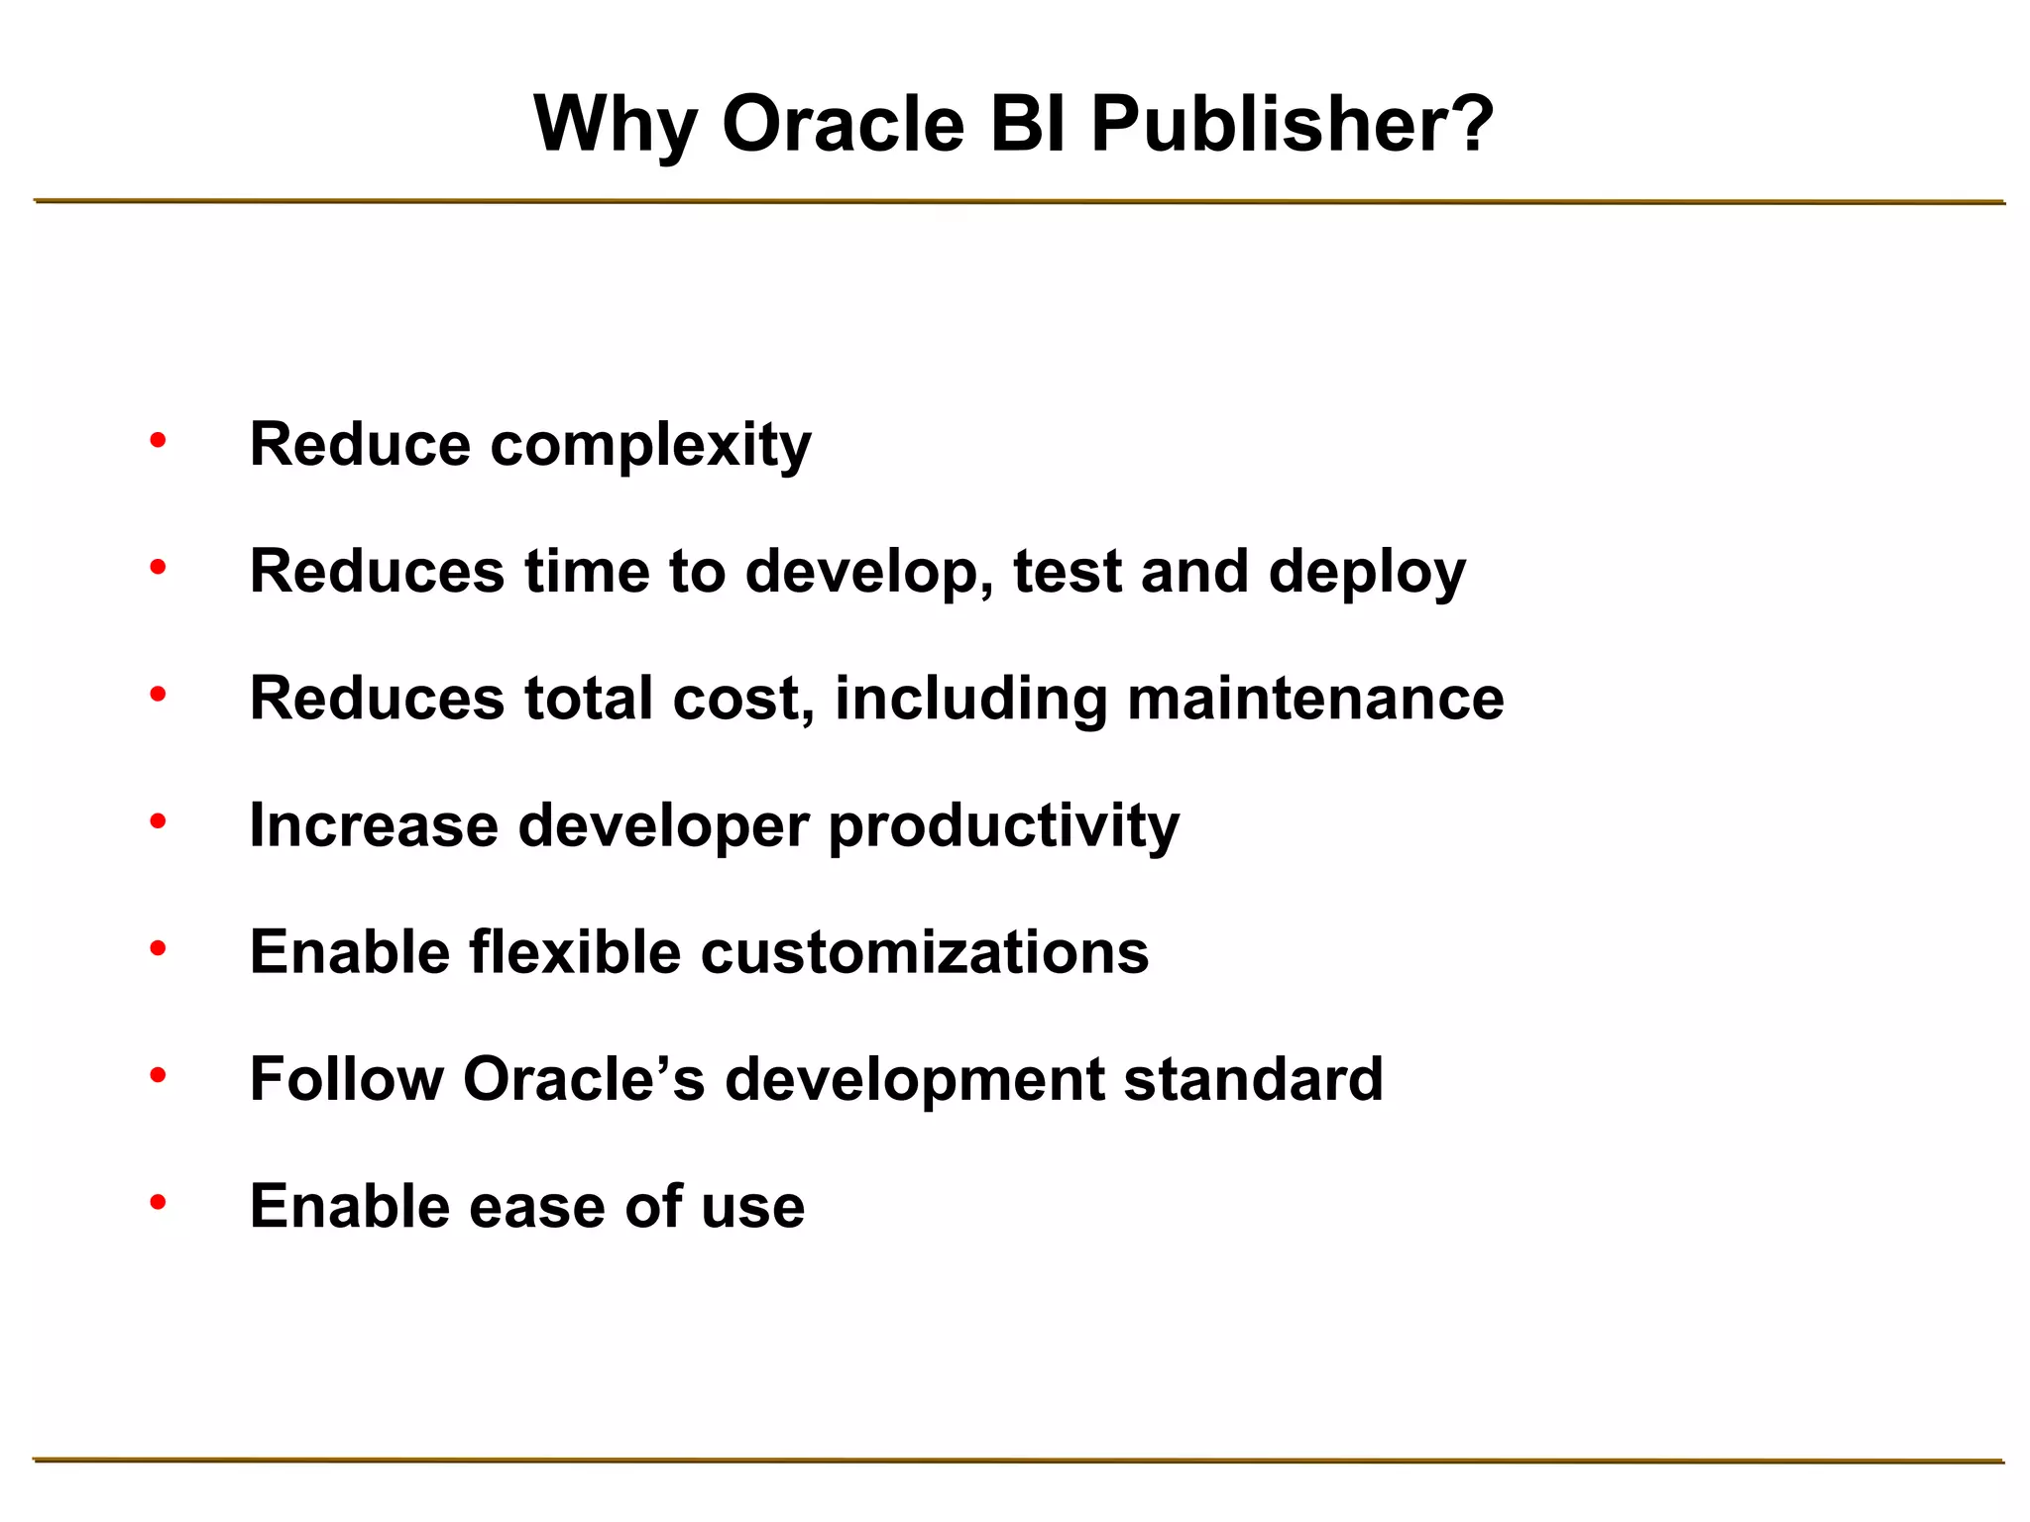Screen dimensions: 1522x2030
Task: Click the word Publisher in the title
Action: [1259, 126]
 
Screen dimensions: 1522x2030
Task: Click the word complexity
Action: [650, 446]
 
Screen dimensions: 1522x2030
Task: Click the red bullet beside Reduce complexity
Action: [158, 440]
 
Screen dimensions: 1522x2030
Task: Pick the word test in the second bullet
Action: [1067, 572]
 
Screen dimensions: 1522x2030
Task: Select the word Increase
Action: [374, 824]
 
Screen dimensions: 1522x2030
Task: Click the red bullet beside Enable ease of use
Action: [158, 1202]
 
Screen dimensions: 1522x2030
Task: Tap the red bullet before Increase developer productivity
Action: [158, 820]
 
